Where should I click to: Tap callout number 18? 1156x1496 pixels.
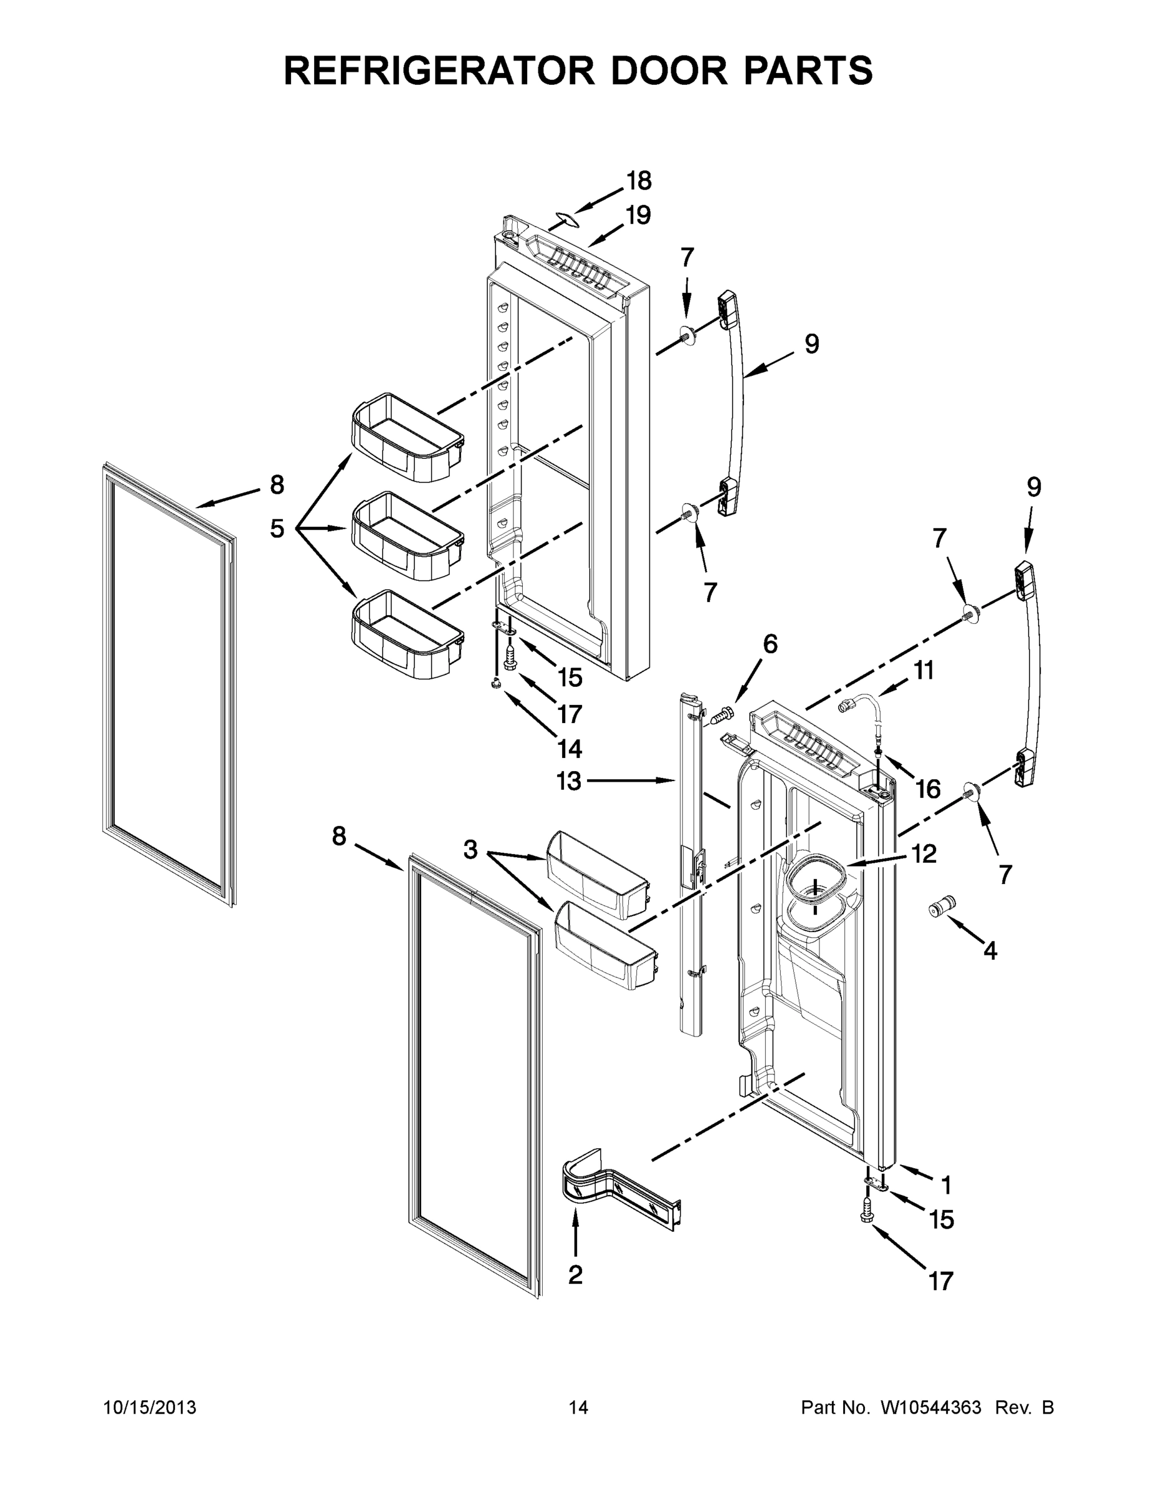pos(638,181)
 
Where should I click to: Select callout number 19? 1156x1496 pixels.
pos(638,215)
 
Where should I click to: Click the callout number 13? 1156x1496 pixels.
pos(568,780)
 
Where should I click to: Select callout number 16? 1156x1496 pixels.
pos(928,789)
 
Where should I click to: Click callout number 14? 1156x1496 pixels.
pos(569,749)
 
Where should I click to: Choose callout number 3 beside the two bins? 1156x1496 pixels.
pos(470,850)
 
